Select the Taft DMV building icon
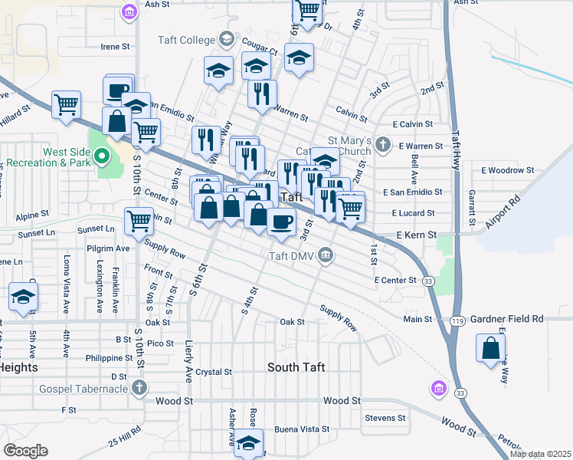326,255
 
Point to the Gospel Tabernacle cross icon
139,388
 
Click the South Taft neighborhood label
296,367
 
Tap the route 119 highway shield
457,322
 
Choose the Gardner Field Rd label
507,318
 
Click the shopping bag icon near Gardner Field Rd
490,349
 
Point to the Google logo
25,451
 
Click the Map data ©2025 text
541,454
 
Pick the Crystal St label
213,372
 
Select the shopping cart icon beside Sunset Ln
139,221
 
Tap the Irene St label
115,46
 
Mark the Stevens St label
385,418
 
